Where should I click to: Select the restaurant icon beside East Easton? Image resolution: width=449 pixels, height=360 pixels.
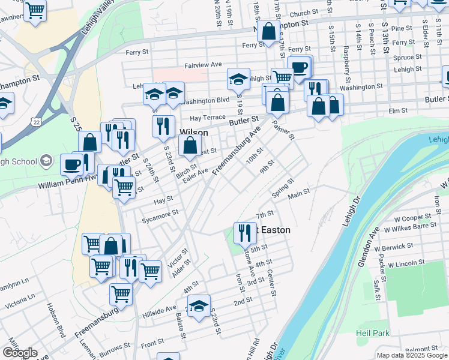coord(244,233)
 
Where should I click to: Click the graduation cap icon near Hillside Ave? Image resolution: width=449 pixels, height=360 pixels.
coord(199,305)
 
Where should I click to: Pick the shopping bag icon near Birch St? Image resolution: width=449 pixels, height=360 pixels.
coord(190,145)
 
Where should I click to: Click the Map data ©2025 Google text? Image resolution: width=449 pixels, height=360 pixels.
coord(412,355)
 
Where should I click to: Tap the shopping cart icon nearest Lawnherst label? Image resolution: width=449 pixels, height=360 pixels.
coord(35,10)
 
